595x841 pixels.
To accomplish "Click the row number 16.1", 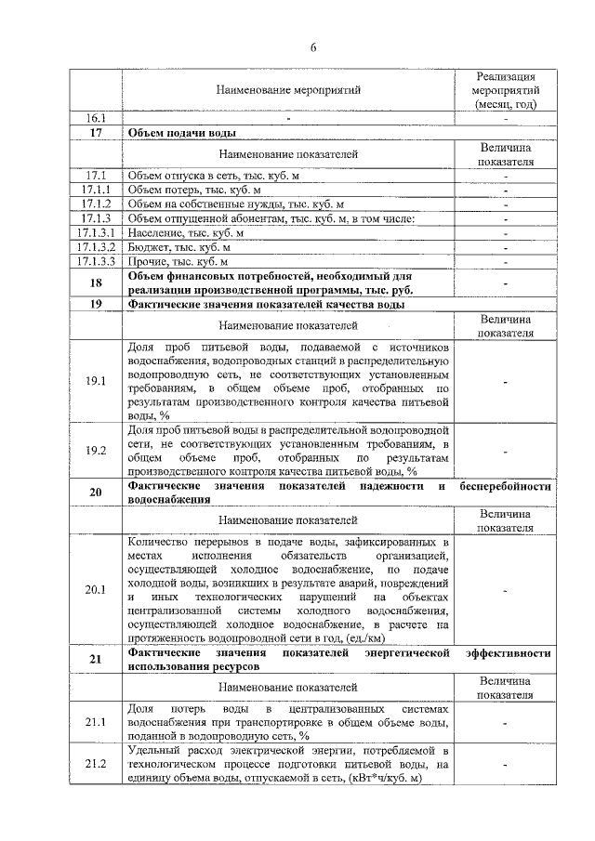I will pyautogui.click(x=96, y=119).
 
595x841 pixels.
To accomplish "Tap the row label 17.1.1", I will pyautogui.click(x=96, y=190).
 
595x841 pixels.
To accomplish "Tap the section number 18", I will pyautogui.click(x=96, y=283).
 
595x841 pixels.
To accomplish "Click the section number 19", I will pyautogui.click(x=96, y=304).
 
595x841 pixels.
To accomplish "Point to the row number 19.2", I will pyautogui.click(x=96, y=451).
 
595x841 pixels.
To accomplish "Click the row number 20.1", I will pyautogui.click(x=96, y=589).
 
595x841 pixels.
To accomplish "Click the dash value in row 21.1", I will pyautogui.click(x=505, y=722).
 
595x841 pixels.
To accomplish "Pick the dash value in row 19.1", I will pyautogui.click(x=505, y=381).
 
